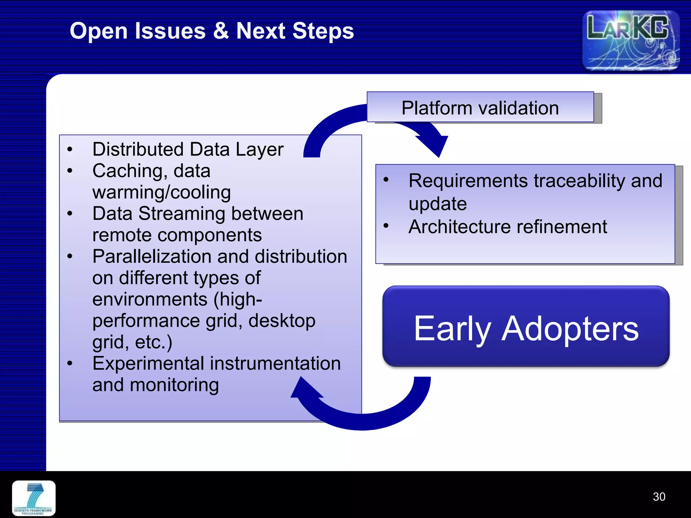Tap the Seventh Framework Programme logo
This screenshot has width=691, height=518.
[x=34, y=498]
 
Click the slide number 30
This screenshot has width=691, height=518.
[x=659, y=497]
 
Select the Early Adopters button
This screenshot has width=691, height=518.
[x=526, y=326]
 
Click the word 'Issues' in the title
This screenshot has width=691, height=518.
[x=170, y=31]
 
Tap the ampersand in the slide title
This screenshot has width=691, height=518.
[x=221, y=31]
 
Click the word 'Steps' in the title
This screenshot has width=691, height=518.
[x=323, y=31]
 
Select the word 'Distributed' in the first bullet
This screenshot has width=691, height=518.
[x=138, y=149]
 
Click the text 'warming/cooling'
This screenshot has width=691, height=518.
[x=161, y=192]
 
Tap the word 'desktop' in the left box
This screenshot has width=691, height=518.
[x=282, y=321]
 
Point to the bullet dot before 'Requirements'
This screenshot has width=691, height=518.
[x=386, y=179]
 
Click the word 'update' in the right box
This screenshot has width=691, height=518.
[x=437, y=204]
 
